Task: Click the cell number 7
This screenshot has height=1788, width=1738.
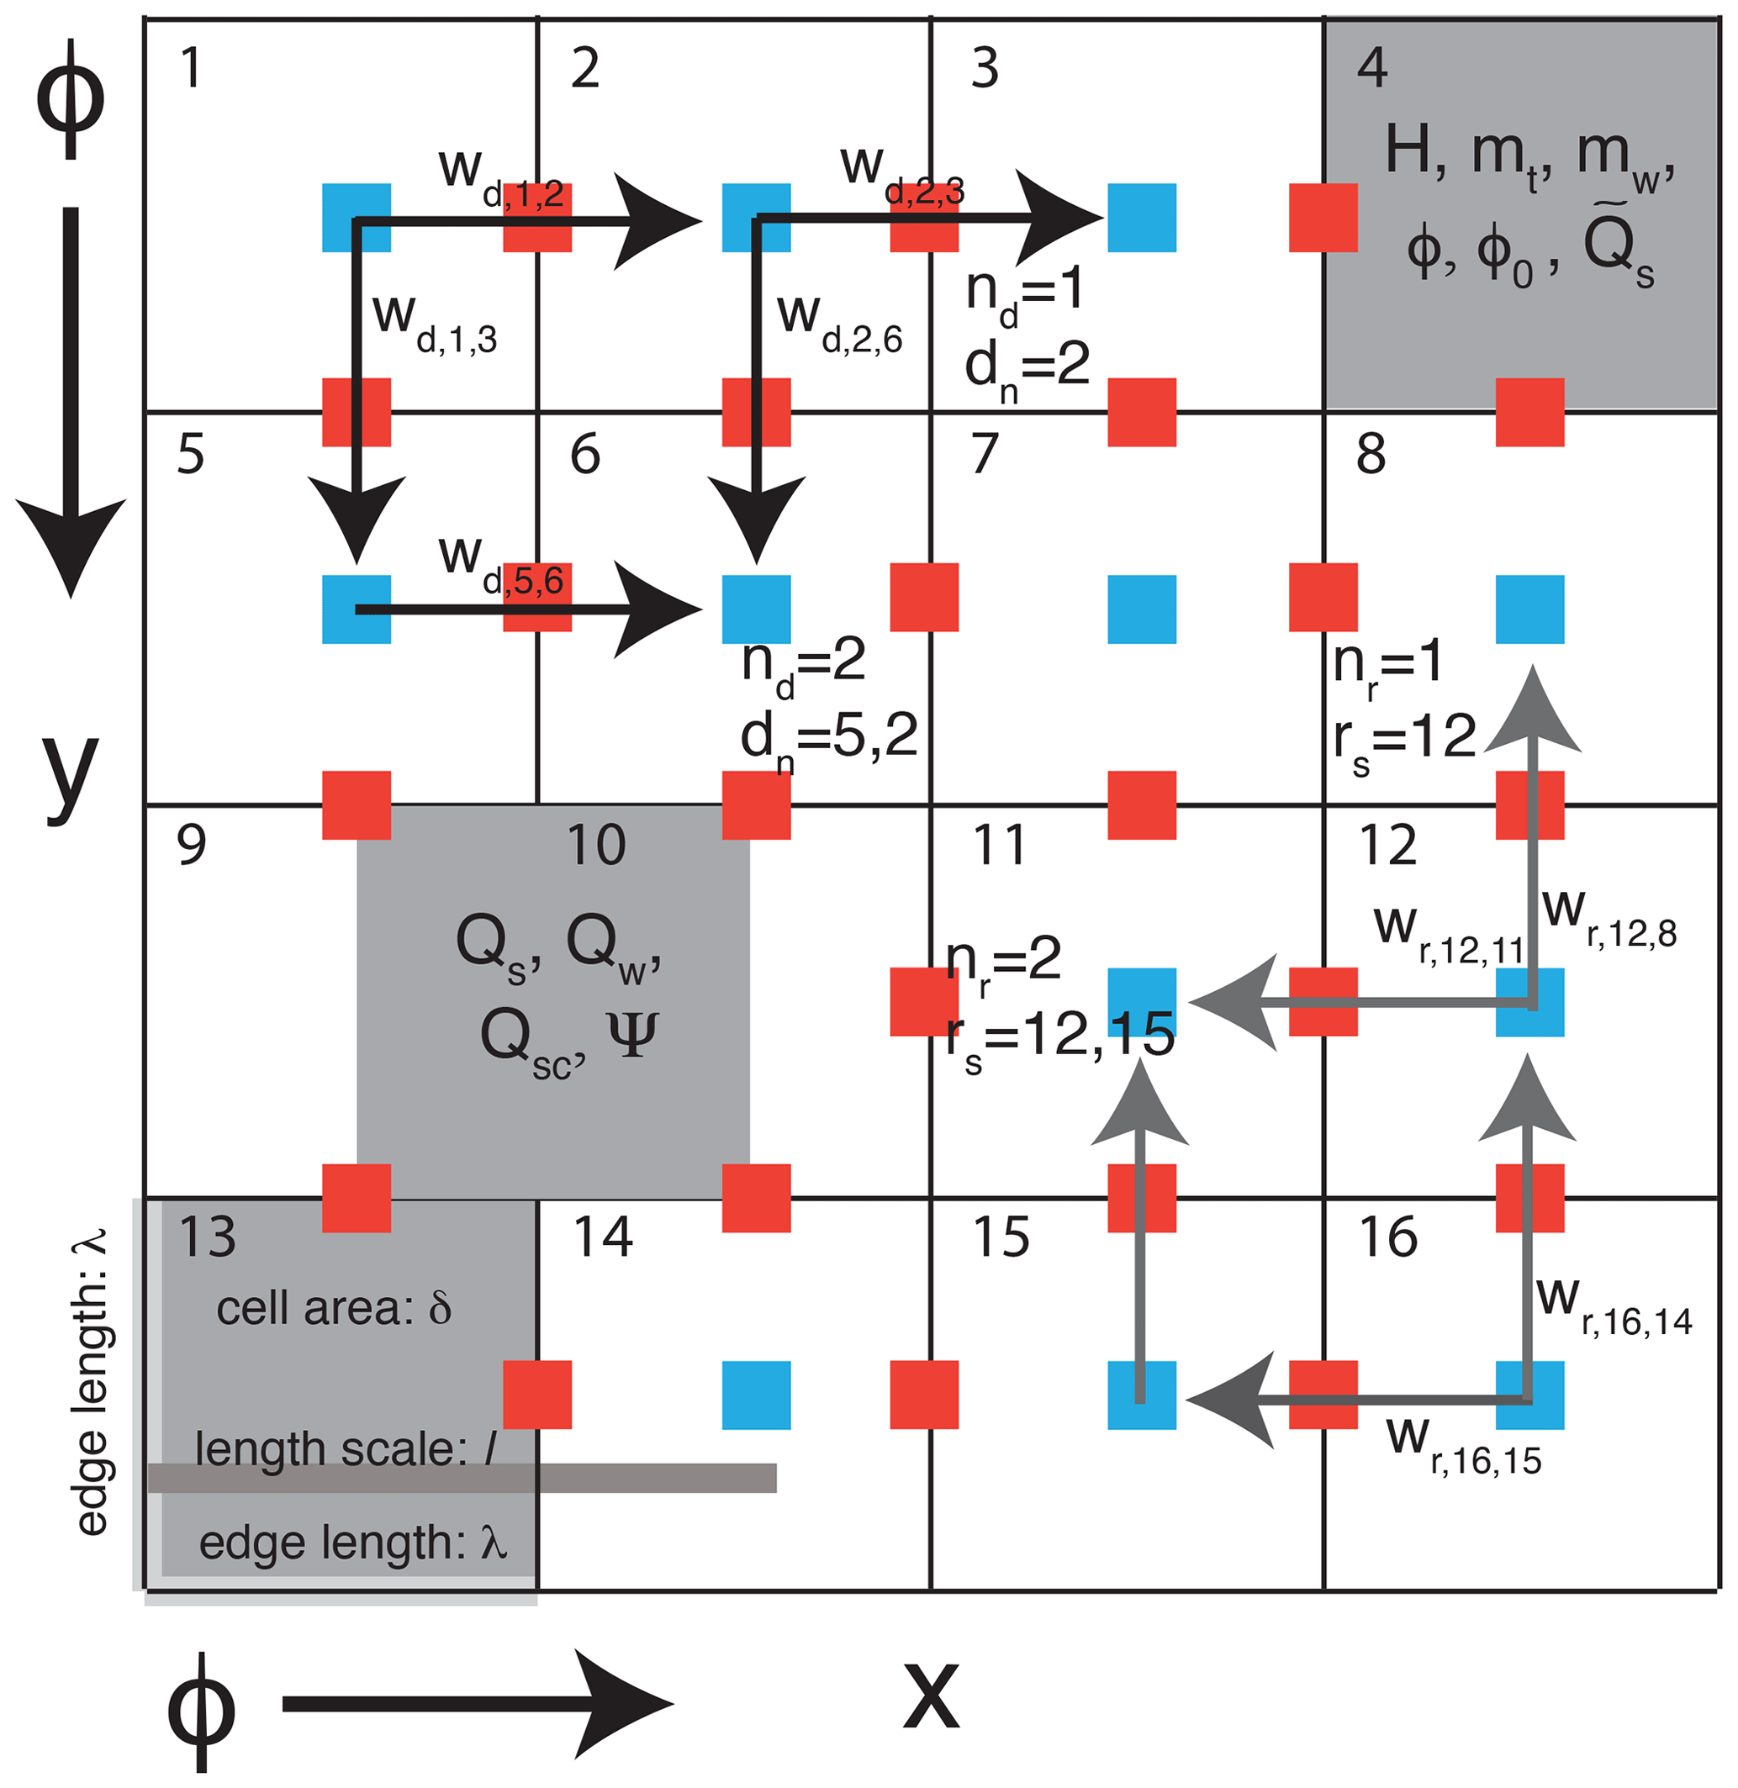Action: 985,453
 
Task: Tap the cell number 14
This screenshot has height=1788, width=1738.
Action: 603,1237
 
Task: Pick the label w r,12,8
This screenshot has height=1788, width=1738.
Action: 1609,917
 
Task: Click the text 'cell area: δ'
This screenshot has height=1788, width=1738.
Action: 334,1309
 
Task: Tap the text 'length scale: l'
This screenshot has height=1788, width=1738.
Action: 345,1449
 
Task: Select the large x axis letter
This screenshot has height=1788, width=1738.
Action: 931,1696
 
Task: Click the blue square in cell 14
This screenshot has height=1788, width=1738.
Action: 756,1395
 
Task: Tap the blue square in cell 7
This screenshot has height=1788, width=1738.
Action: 1141,609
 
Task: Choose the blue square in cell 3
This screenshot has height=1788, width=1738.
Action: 1141,217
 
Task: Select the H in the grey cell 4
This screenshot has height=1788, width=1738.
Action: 1413,150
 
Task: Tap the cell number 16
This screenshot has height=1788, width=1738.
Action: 1387,1237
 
